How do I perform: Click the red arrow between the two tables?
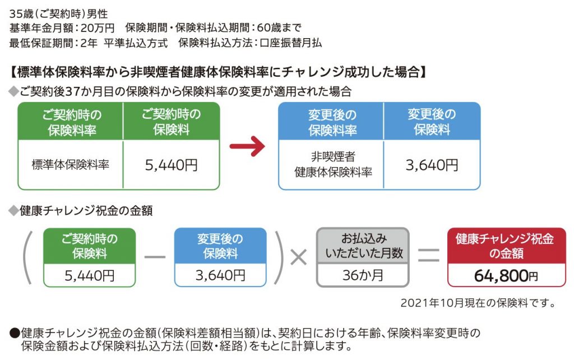(247, 147)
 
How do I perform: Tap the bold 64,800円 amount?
(505, 275)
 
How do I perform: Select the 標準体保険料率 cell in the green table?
(71, 164)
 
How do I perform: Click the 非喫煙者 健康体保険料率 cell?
(332, 164)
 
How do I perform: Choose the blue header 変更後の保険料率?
(332, 122)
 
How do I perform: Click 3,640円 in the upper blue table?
(432, 165)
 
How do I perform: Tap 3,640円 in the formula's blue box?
(220, 275)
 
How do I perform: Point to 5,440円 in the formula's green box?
(90, 275)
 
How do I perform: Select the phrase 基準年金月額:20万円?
(62, 27)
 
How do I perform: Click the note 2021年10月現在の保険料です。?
(478, 303)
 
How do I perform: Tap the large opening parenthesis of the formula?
(27, 257)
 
